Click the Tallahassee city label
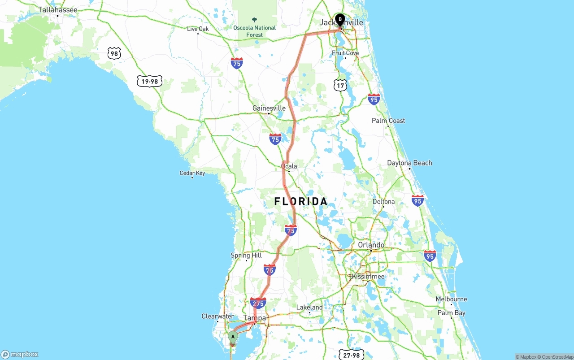(x=57, y=9)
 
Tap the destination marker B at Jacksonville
(x=340, y=20)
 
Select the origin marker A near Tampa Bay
(x=233, y=337)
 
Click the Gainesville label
(x=269, y=108)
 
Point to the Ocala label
(x=289, y=166)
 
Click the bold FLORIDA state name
(x=301, y=201)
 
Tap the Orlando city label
(x=371, y=245)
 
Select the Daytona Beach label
(x=409, y=163)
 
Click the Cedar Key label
(x=192, y=173)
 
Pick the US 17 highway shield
(x=340, y=85)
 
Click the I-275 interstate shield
(x=258, y=304)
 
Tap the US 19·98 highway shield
(x=150, y=81)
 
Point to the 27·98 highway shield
(x=351, y=355)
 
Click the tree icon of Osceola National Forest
(x=255, y=20)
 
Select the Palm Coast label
(x=388, y=121)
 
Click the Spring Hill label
(x=246, y=256)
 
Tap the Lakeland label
(x=309, y=307)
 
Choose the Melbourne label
(x=451, y=299)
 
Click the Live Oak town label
(x=198, y=29)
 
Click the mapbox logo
(x=20, y=354)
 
